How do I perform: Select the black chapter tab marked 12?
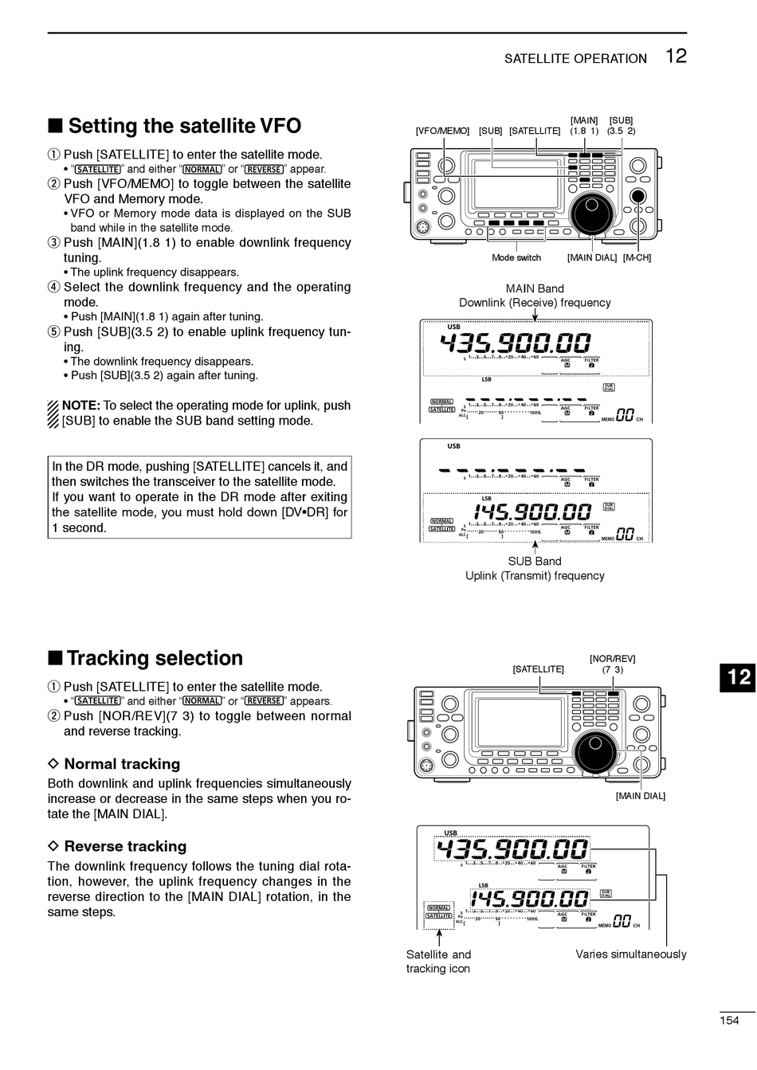click(739, 676)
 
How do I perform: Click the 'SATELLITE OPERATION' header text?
click(575, 59)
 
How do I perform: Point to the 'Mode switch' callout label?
click(516, 258)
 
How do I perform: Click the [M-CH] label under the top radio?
click(637, 258)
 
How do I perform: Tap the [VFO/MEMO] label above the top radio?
click(442, 131)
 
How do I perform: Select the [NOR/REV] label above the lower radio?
click(612, 659)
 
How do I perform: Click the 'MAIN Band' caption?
click(535, 289)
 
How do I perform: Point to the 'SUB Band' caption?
click(535, 562)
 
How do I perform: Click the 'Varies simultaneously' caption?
click(630, 954)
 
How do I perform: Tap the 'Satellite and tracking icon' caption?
click(438, 962)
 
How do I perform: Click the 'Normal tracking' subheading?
click(122, 764)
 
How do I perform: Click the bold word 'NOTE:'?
click(80, 406)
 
